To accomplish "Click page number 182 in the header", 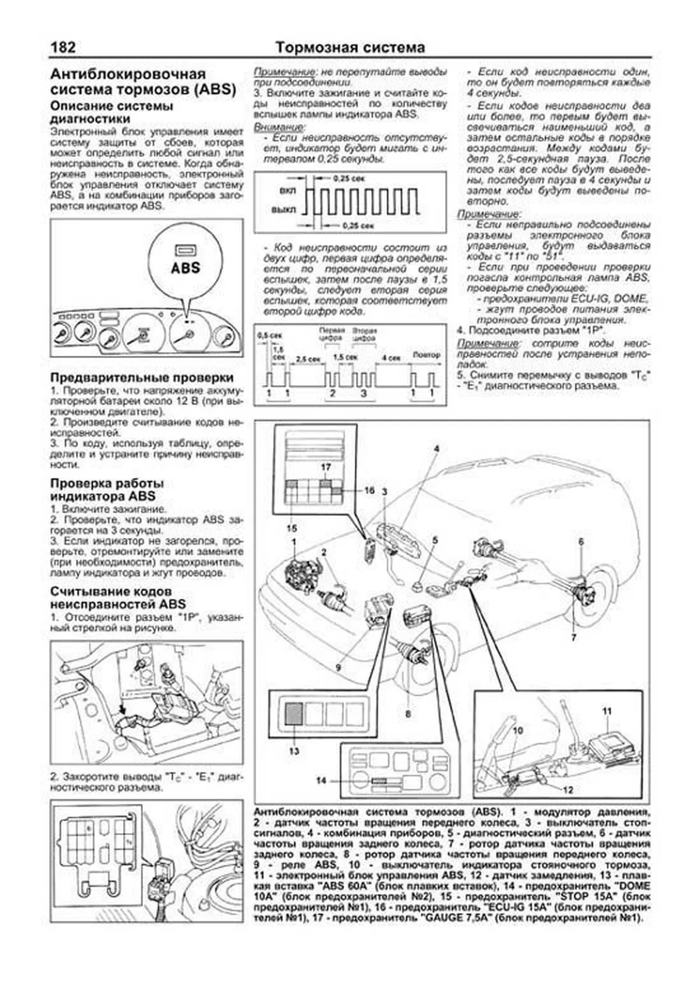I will pos(62,47).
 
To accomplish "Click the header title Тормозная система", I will pos(350,47).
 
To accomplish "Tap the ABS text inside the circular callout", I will pos(185,268).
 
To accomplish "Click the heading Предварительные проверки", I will pos(142,378).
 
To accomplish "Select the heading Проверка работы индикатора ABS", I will pos(107,489).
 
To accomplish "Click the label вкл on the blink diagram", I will pos(288,191).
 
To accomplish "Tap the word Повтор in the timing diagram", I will pos(426,355).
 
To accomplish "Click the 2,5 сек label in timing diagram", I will pos(308,359).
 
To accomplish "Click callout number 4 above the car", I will pos(436,449).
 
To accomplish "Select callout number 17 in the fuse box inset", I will pos(325,467).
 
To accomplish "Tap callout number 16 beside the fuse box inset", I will pos(369,490).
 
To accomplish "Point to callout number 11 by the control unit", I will pos(607,711).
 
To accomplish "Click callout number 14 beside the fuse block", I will pos(321,780).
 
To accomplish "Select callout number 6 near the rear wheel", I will pos(581,541).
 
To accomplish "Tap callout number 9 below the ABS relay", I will pos(338,666).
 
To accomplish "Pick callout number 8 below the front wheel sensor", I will pos(408,713).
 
